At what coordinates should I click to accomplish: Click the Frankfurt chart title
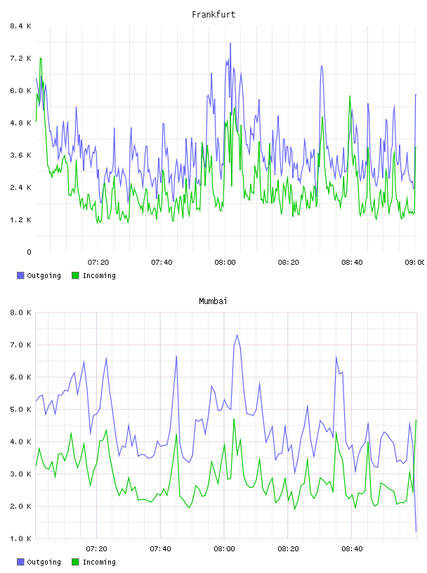[213, 15]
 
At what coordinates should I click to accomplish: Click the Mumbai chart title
[213, 301]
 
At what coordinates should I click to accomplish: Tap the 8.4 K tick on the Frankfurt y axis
[20, 26]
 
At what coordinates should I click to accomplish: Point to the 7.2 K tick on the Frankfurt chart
[20, 58]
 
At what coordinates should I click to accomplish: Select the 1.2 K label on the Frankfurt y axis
[20, 220]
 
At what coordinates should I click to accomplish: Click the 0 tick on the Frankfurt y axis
[29, 252]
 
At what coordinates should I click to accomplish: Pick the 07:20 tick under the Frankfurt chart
[98, 262]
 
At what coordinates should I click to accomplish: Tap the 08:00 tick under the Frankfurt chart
[225, 262]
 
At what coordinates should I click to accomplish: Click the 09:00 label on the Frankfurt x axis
[415, 262]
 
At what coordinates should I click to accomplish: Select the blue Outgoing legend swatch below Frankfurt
[20, 275]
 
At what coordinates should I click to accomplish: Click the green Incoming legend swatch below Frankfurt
[75, 275]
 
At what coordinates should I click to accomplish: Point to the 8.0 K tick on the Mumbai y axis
[20, 312]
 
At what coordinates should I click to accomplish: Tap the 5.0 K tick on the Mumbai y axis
[20, 409]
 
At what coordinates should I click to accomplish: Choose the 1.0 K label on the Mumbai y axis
[20, 539]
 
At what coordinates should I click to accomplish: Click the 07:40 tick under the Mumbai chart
[160, 548]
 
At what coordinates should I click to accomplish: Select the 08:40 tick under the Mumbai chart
[352, 548]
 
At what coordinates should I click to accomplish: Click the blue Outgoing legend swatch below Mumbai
[20, 562]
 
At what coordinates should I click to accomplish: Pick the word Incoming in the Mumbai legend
[99, 562]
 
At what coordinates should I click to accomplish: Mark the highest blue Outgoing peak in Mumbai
[237, 335]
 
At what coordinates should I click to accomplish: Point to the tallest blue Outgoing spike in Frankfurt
[230, 43]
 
